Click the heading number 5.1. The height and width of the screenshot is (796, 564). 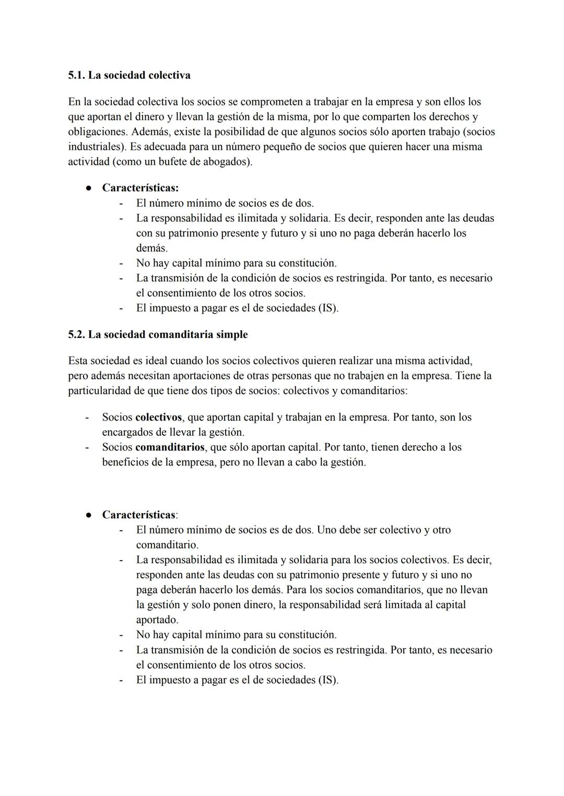[x=76, y=75]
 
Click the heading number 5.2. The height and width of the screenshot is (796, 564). [x=76, y=335]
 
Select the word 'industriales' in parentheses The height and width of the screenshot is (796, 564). [x=96, y=147]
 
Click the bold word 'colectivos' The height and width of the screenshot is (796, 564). [x=158, y=418]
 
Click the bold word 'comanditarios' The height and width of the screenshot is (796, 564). [x=170, y=447]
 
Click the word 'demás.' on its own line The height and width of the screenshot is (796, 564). [x=152, y=248]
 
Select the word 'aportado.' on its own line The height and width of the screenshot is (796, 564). [x=157, y=620]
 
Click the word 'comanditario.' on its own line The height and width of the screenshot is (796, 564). [x=167, y=545]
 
